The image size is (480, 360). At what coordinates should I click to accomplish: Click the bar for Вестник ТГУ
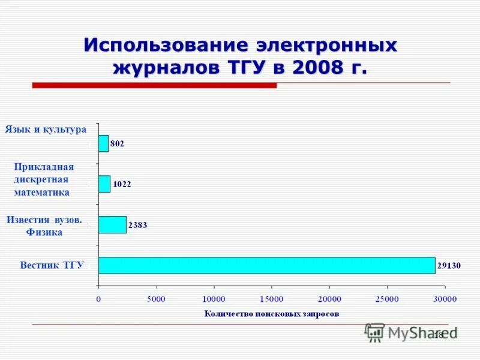[266, 265]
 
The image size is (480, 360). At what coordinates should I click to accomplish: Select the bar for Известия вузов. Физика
[112, 224]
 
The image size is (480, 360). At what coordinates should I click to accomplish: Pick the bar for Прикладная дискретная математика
[104, 184]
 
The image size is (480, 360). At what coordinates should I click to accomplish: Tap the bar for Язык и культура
[103, 143]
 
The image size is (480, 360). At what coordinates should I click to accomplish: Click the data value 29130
[449, 266]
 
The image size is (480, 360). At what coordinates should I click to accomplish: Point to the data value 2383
[138, 225]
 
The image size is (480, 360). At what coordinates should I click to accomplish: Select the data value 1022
[122, 184]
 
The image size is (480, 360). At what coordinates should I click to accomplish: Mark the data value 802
[118, 144]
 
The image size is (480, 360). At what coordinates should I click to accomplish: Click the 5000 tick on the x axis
[156, 299]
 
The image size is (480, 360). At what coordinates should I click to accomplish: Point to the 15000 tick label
[271, 299]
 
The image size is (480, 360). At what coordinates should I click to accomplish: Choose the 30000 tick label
[445, 299]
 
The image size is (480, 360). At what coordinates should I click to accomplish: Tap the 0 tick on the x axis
[98, 299]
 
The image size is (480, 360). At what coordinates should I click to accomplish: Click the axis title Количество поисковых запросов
[271, 313]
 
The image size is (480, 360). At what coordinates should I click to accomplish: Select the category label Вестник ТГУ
[52, 265]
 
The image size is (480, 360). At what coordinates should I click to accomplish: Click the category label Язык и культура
[46, 129]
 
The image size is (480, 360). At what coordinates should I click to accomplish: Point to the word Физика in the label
[44, 232]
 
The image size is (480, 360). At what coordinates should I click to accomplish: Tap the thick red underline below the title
[154, 86]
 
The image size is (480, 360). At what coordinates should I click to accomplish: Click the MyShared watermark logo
[412, 332]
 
